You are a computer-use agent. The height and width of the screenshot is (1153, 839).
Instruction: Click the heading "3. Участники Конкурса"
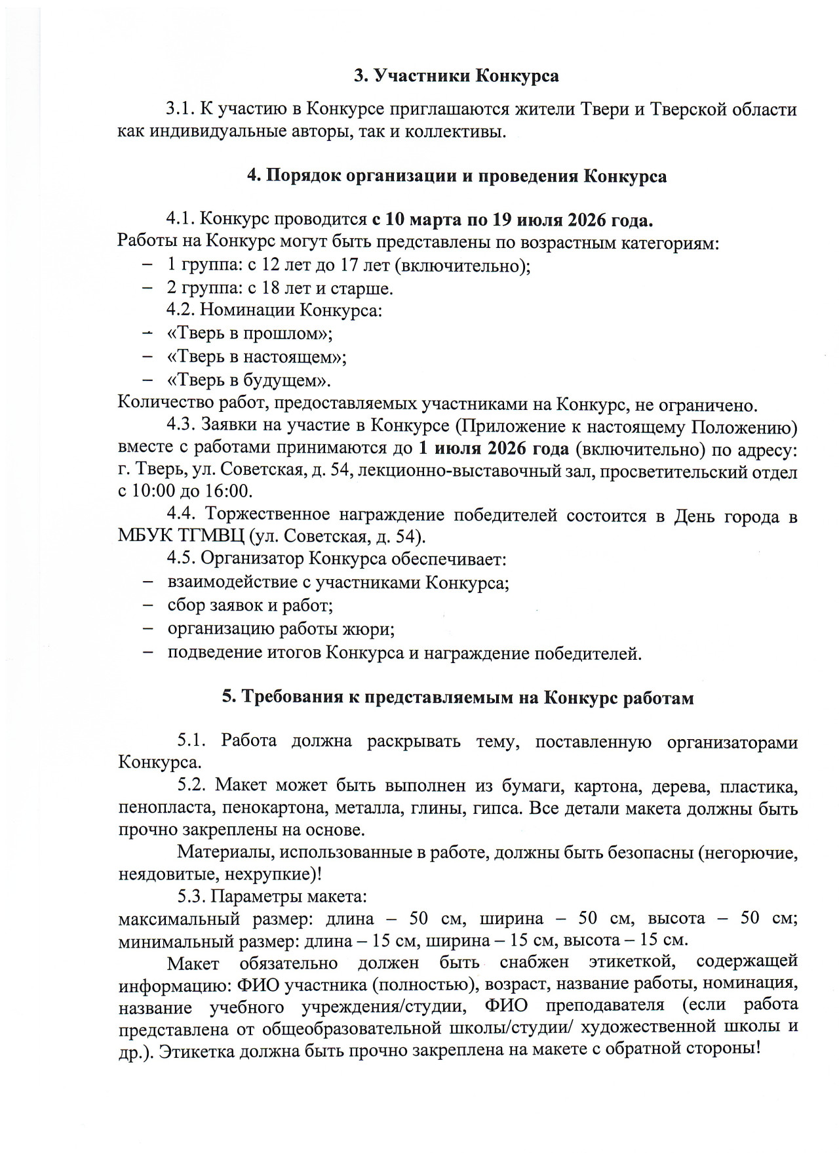point(456,77)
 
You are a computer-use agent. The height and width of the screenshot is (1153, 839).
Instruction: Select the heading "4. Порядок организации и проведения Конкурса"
point(456,176)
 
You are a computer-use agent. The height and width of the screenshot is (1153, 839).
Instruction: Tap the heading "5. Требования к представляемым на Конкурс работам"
point(458,698)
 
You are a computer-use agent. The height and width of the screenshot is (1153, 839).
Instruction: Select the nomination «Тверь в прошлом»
point(250,334)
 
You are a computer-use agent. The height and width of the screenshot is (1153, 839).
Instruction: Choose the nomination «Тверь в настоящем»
point(257,357)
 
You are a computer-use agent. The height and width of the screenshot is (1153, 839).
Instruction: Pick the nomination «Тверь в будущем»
point(249,381)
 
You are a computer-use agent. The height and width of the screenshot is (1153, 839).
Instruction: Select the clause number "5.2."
point(192,786)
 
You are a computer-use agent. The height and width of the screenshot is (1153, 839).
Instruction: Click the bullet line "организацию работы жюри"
point(281,630)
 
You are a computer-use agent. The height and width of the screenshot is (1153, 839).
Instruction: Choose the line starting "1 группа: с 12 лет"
point(348,266)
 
